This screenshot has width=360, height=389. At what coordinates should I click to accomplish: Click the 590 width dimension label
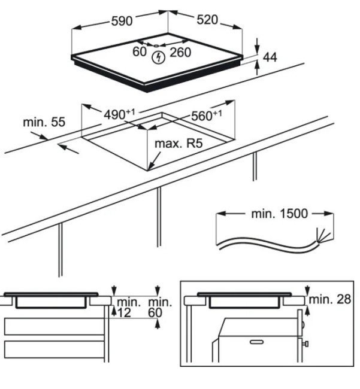pos(121,21)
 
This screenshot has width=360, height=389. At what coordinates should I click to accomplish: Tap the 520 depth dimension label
pos(207,20)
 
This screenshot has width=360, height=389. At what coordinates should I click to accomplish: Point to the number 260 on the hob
pos(180,53)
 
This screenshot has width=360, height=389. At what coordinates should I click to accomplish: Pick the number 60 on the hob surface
pos(140,52)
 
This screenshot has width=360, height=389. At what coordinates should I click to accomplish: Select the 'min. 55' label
pos(44,122)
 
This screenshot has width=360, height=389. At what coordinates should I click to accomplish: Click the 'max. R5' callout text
pos(179,144)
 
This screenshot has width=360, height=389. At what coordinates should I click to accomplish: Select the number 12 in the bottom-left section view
pos(124,313)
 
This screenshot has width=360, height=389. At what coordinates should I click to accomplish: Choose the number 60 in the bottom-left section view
pos(156,313)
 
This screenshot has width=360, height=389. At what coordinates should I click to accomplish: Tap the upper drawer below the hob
pos(54,327)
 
